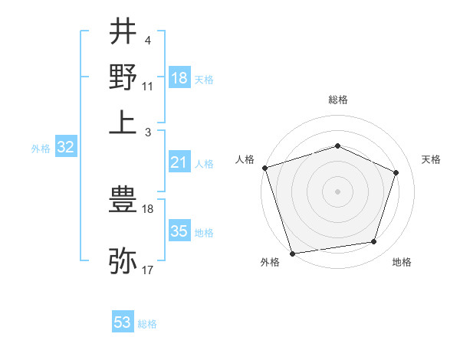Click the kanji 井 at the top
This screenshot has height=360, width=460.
(x=123, y=32)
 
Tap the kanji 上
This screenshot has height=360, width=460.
(x=123, y=123)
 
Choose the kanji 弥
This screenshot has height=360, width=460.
(x=123, y=261)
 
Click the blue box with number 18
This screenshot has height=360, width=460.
(x=179, y=78)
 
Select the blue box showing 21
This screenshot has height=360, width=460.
(x=179, y=162)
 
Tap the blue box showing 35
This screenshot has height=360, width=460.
(x=179, y=231)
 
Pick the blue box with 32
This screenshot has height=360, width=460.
(x=65, y=148)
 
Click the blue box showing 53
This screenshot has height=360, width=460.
(x=123, y=322)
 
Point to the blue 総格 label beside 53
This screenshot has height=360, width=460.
(x=147, y=324)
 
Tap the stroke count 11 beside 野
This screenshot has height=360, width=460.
(x=148, y=87)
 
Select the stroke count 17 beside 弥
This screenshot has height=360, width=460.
(x=148, y=270)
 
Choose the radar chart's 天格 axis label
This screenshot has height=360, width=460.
(x=431, y=159)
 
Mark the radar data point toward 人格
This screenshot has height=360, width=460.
(x=264, y=168)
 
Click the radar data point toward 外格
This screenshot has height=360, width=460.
(x=293, y=253)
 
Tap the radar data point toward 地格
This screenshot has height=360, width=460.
(x=374, y=242)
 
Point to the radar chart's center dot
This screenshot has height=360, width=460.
(x=337, y=191)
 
